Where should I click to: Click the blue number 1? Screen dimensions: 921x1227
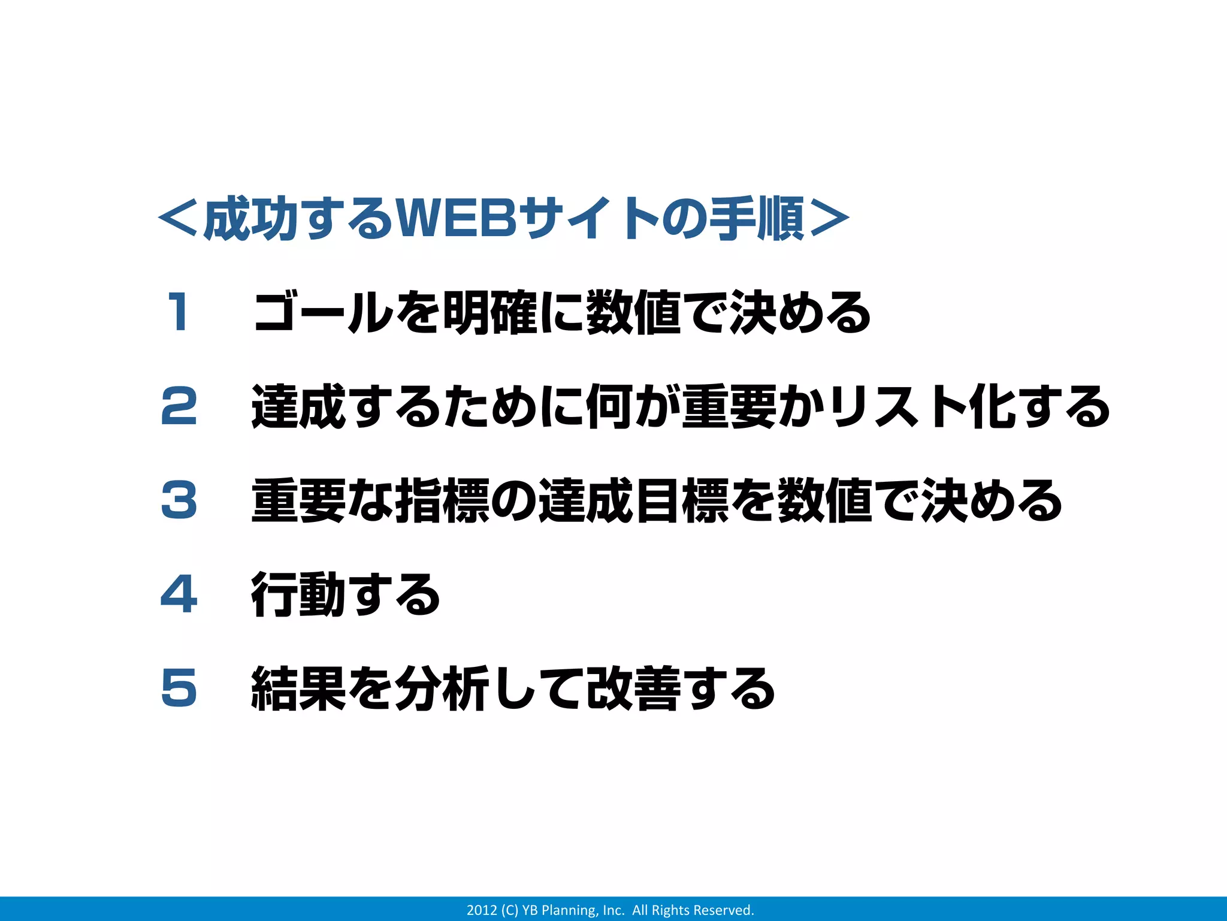coord(178,312)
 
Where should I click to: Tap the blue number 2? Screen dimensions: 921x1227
coord(179,406)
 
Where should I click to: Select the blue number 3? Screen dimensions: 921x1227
coord(179,500)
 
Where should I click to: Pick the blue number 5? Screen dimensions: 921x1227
coord(179,688)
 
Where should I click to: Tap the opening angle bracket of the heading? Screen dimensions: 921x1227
coord(178,219)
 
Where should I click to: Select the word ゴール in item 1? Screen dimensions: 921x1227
coord(324,312)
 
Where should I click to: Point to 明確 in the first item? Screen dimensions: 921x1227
coord(489,312)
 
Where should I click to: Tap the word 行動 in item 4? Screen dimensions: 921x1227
coord(298,594)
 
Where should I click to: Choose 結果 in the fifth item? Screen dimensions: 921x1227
coord(298,689)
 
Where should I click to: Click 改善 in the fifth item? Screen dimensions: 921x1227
coord(633,689)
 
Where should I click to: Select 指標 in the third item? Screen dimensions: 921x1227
coord(442,501)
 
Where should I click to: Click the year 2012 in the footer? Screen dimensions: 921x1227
coord(482,910)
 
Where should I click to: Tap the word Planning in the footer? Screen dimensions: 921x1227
coord(569,910)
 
